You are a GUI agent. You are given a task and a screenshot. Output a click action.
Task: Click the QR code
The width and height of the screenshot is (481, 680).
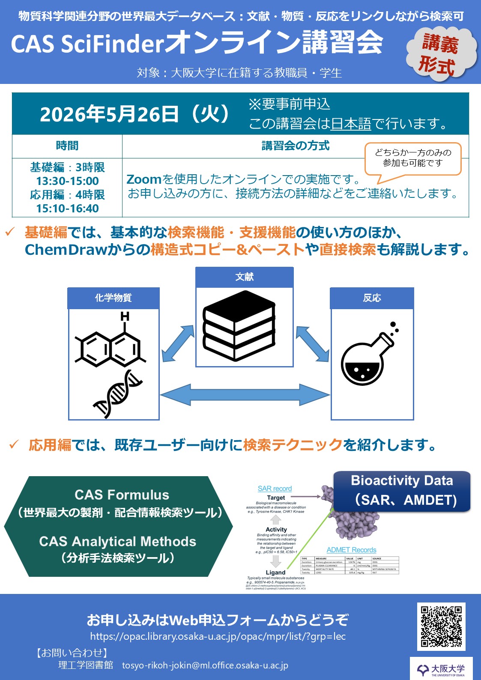(x=441, y=626)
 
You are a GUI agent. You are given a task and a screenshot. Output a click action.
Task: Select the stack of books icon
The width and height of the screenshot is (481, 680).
(x=239, y=325)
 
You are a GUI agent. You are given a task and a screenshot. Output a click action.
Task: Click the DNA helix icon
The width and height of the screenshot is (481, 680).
(x=117, y=394)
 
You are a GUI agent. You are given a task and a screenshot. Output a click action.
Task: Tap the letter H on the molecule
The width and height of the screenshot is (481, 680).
(x=125, y=316)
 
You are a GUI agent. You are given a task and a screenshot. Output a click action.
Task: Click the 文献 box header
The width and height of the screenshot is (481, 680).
(x=244, y=277)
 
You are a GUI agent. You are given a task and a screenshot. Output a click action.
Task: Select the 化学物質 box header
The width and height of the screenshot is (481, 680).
(x=114, y=298)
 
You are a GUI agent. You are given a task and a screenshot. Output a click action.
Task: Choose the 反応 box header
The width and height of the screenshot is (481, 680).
(x=372, y=298)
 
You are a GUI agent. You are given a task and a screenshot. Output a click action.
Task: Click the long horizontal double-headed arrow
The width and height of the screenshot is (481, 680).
(x=245, y=394)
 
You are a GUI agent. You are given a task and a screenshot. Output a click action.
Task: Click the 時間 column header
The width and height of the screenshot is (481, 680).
(x=67, y=146)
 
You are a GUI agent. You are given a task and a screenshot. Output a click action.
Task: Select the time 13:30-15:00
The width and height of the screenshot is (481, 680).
(x=67, y=181)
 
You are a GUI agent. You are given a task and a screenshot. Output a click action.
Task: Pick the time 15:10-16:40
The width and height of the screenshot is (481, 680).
(x=67, y=209)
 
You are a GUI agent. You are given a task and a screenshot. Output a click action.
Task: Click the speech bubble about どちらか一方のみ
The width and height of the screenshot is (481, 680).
(x=412, y=158)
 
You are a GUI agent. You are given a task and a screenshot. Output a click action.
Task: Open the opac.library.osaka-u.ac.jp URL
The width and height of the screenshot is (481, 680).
(x=218, y=636)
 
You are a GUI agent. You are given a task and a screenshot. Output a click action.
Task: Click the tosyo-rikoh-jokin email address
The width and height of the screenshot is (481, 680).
(x=205, y=665)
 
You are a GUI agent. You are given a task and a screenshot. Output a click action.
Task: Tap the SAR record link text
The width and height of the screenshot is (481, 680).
(x=275, y=489)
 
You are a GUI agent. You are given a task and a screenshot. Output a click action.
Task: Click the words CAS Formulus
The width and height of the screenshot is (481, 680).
(x=122, y=495)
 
